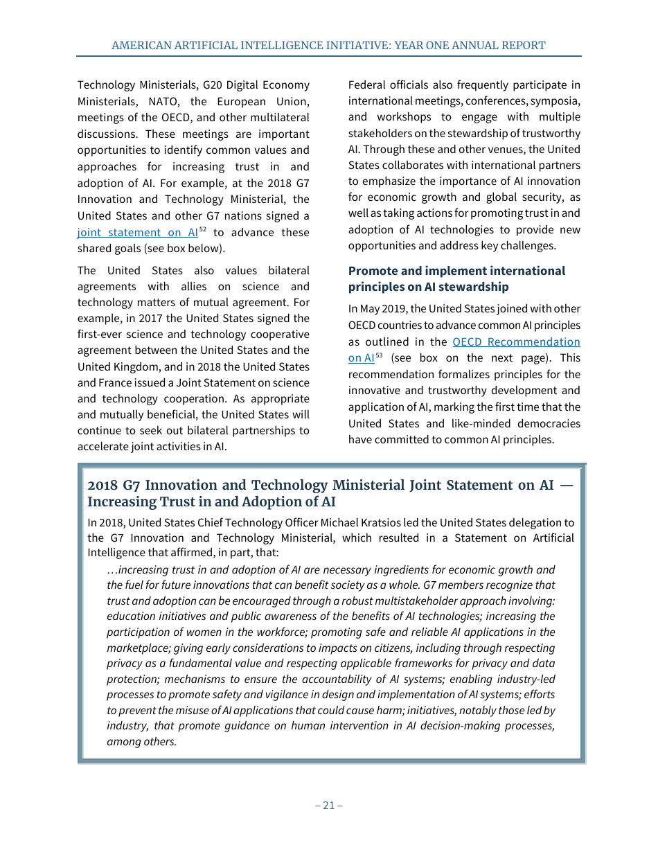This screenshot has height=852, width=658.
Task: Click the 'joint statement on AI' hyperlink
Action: pyautogui.click(x=137, y=233)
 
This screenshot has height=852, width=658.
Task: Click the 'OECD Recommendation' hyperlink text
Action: pyautogui.click(x=516, y=341)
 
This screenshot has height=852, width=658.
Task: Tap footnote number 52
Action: pyautogui.click(x=203, y=229)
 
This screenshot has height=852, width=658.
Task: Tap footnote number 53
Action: pyautogui.click(x=379, y=355)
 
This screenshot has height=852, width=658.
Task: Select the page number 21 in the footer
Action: pyautogui.click(x=329, y=805)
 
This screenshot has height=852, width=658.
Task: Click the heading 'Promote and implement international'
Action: pyautogui.click(x=456, y=271)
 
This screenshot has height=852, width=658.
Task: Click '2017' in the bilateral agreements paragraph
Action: pyautogui.click(x=150, y=319)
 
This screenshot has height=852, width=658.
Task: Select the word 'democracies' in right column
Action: pyautogui.click(x=547, y=423)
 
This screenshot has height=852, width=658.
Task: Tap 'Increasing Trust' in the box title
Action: pyautogui.click(x=141, y=502)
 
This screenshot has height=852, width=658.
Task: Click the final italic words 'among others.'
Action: pyautogui.click(x=141, y=741)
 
